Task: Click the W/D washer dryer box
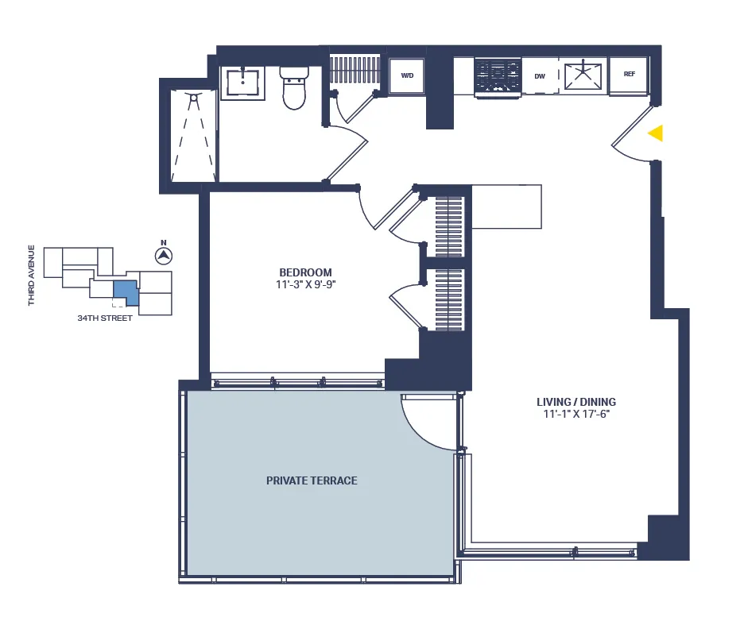click(407, 76)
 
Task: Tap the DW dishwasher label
click(540, 76)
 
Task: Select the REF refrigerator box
click(629, 75)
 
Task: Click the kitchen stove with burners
click(498, 77)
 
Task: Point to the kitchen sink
click(583, 76)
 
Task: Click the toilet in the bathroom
click(294, 87)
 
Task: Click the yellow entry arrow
click(655, 133)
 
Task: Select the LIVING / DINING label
click(575, 402)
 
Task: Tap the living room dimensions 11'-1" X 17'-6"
click(575, 414)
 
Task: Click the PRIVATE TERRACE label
click(312, 480)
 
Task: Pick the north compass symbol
click(163, 256)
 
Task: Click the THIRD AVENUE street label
click(32, 275)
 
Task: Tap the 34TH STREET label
click(104, 318)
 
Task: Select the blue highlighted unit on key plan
click(125, 291)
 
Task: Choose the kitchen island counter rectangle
click(506, 206)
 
